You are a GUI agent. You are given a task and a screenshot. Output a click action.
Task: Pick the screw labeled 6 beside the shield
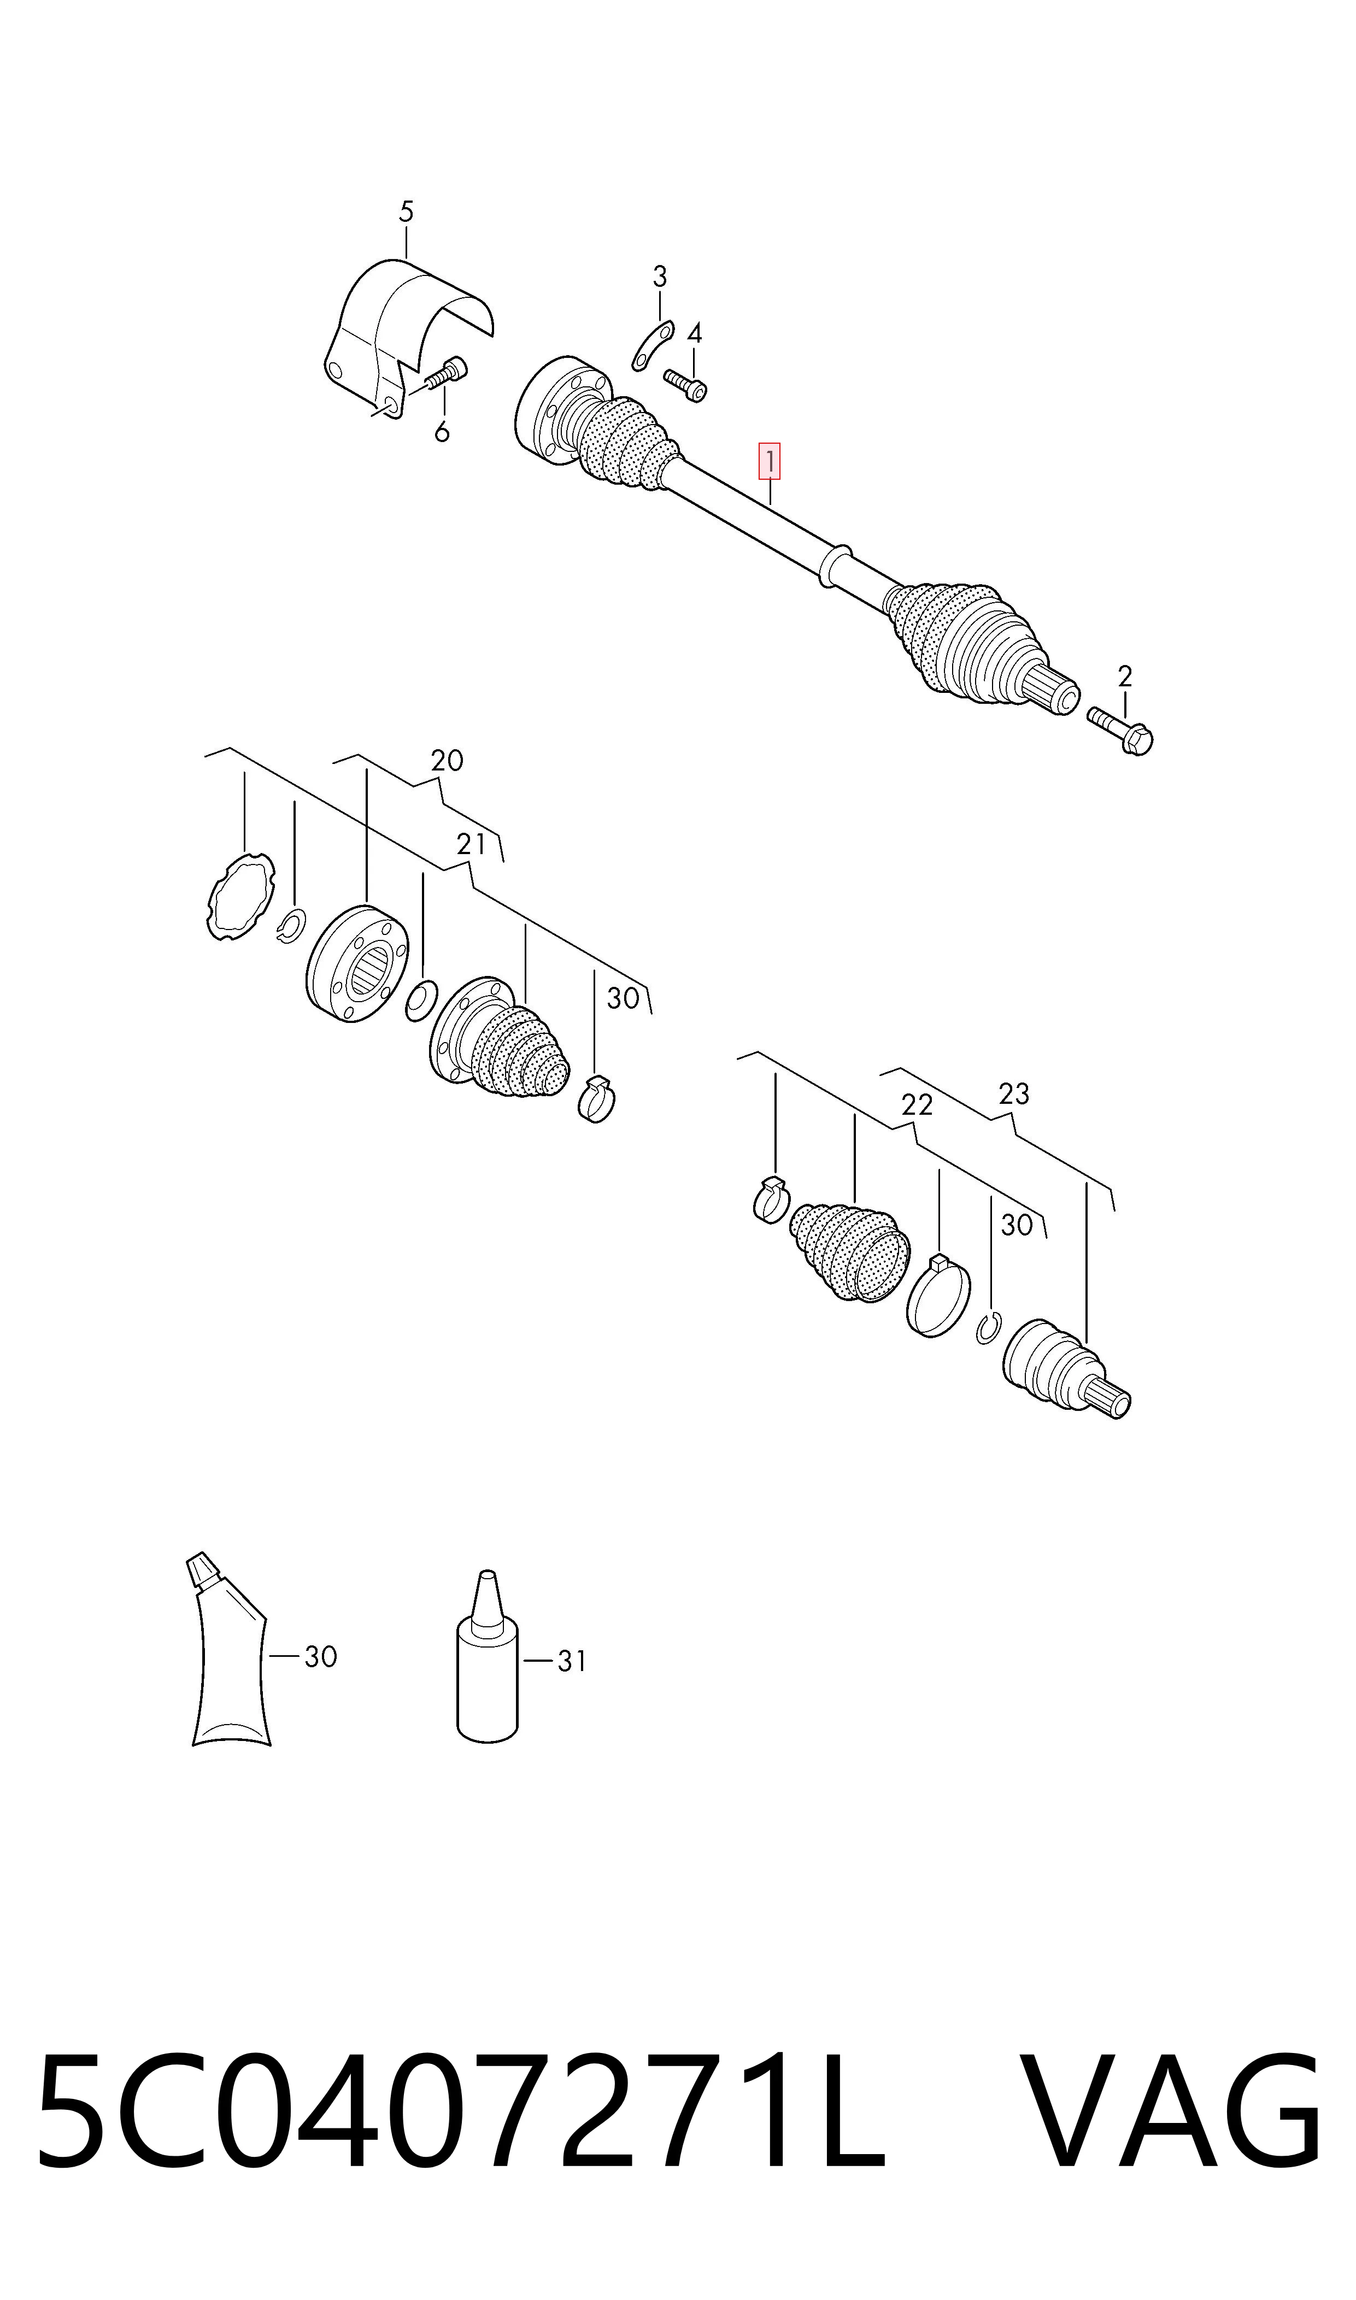click(445, 374)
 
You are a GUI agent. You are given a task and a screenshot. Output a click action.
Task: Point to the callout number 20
click(447, 761)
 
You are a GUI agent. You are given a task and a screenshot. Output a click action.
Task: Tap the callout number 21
click(472, 845)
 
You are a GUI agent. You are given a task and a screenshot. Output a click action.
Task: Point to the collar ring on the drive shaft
click(837, 566)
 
